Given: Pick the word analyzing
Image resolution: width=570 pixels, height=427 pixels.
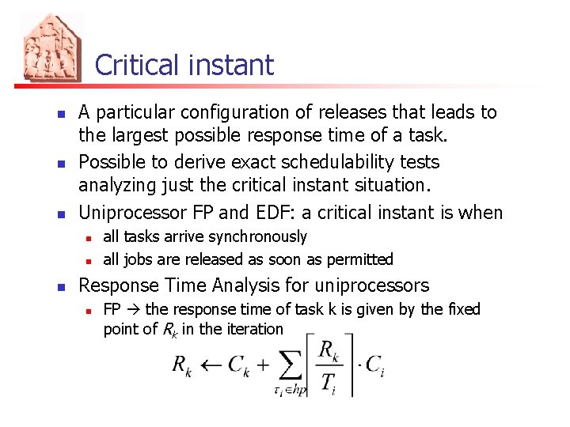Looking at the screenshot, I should click(117, 185).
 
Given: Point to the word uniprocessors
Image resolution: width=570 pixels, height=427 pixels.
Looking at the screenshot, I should click(372, 285).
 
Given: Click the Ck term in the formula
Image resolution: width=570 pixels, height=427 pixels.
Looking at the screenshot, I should click(237, 365).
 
